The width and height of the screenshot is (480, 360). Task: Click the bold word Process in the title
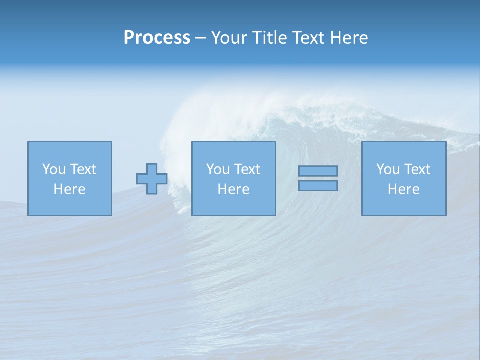(x=157, y=38)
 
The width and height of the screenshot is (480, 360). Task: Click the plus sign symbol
(x=152, y=179)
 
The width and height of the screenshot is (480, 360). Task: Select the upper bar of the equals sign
(x=318, y=171)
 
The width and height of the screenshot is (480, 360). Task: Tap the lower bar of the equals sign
(x=318, y=186)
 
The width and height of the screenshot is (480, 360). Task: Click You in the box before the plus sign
(x=53, y=169)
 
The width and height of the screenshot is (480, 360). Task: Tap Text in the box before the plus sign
(x=82, y=169)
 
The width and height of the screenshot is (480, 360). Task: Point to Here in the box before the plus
(x=70, y=189)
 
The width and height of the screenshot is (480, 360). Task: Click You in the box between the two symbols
(x=217, y=169)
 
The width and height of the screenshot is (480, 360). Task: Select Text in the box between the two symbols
(x=246, y=169)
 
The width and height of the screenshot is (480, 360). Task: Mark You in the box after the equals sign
(x=387, y=169)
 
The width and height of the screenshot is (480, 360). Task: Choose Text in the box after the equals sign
(x=416, y=169)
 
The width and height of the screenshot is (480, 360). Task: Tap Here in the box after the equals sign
(x=404, y=189)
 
